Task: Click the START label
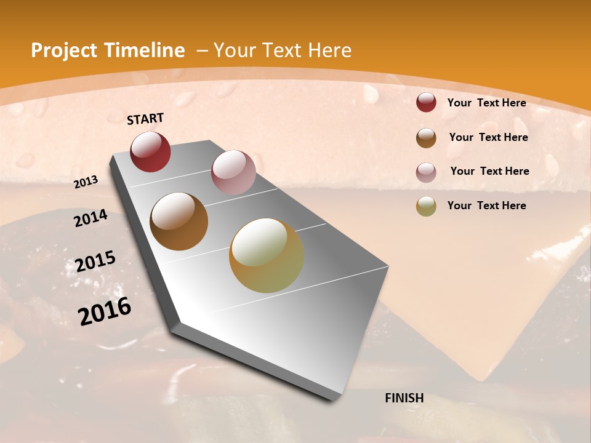point(145,119)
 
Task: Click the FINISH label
point(404,398)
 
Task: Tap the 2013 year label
point(86,182)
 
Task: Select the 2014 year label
point(90,218)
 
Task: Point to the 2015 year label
point(95,261)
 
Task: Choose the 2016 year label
point(105,311)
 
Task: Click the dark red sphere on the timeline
point(150,151)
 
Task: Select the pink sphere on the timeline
point(233,172)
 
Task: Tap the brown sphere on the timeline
point(179,221)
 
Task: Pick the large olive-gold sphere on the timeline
point(267,255)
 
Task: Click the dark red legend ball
point(426,103)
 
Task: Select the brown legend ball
point(426,138)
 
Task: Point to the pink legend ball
point(426,172)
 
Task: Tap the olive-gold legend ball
point(426,207)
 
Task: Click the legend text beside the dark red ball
point(486,103)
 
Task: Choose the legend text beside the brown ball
point(488,137)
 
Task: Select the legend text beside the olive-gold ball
point(486,206)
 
